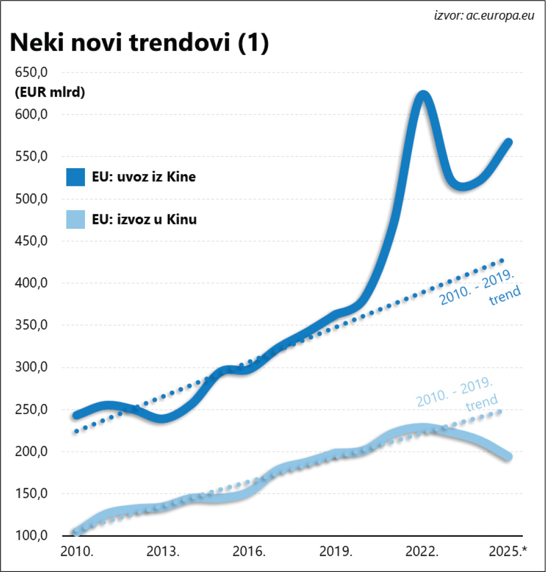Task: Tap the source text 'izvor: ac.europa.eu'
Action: coord(484,15)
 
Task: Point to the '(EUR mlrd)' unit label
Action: coord(48,92)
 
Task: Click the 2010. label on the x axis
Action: coord(76,552)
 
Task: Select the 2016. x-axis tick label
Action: coord(250,552)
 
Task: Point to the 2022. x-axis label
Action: coord(423,552)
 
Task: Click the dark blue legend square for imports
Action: coord(76,177)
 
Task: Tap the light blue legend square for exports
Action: coord(76,219)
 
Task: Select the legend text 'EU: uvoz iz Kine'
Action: coord(144,177)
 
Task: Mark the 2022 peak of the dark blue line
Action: coord(423,96)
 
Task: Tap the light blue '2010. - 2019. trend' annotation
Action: coord(457,394)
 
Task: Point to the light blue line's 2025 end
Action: coord(508,457)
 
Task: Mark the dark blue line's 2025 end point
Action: coord(508,142)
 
